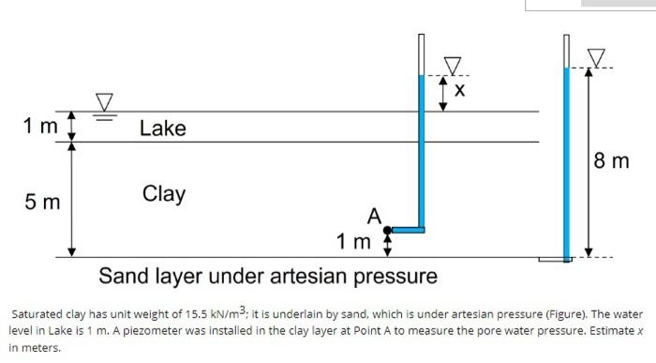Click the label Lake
163,128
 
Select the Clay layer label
164,194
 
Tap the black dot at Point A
388,229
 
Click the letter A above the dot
376,216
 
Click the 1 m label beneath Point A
355,244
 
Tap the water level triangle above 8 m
596,58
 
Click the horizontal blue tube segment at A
407,229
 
